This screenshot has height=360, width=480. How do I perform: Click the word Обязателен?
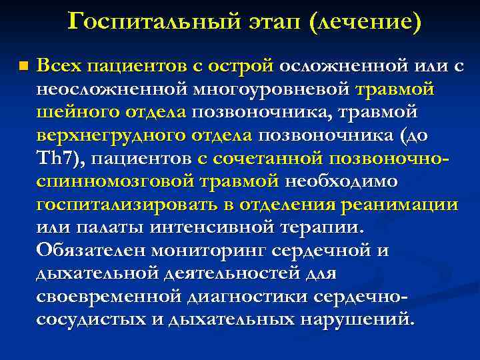91,251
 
